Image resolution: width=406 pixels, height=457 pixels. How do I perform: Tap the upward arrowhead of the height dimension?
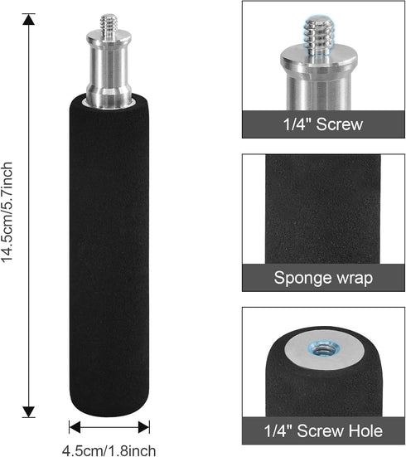(x=28, y=19)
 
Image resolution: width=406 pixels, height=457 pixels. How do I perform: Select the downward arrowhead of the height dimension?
(x=28, y=411)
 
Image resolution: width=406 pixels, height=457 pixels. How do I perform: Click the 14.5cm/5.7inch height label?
(x=7, y=212)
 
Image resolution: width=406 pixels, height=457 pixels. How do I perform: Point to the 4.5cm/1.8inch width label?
(x=109, y=450)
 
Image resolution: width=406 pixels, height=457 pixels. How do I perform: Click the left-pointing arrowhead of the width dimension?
(x=75, y=427)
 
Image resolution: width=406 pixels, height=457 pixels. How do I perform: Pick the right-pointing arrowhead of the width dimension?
(x=144, y=427)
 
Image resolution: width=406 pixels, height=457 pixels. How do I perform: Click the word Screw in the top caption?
(x=340, y=124)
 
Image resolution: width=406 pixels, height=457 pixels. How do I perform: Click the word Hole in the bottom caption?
(x=365, y=430)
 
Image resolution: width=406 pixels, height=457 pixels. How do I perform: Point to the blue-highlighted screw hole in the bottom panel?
(x=324, y=348)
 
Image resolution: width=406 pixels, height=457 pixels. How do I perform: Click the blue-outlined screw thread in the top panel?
(x=319, y=36)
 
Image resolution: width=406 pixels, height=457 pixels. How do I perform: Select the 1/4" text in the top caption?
(x=297, y=124)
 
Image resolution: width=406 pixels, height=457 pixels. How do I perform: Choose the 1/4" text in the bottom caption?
(x=278, y=430)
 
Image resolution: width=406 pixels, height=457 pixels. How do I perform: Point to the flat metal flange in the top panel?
(x=319, y=60)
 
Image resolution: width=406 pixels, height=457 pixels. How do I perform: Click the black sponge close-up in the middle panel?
(x=322, y=209)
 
